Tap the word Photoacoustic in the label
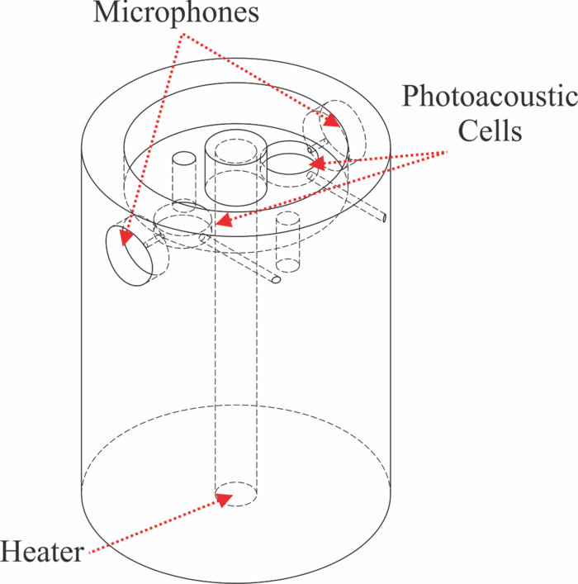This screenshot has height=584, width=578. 489,97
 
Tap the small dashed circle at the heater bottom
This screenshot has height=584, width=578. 235,493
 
